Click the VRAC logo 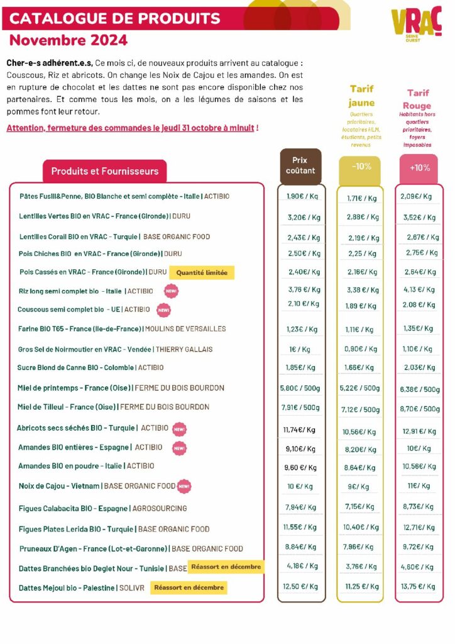coord(417,24)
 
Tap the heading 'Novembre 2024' coord(69,40)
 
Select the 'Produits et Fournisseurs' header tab coord(104,171)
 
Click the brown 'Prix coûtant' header coord(300,165)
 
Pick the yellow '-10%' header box coord(361,169)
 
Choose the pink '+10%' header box coord(419,169)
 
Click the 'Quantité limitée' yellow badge coord(202,272)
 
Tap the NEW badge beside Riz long coord(171,291)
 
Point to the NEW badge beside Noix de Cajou coord(184,486)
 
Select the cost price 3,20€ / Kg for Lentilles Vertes coord(304,217)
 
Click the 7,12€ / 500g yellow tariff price coord(360,409)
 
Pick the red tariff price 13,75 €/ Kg coord(418,587)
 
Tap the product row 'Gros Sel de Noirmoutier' coord(115,349)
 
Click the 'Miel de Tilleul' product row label coord(113,407)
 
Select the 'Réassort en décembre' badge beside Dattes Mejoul coord(189,588)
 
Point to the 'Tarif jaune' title coord(361,96)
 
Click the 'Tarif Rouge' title coord(417,99)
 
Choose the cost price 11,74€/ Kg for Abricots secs coord(300,430)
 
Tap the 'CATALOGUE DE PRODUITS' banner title coord(115,18)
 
